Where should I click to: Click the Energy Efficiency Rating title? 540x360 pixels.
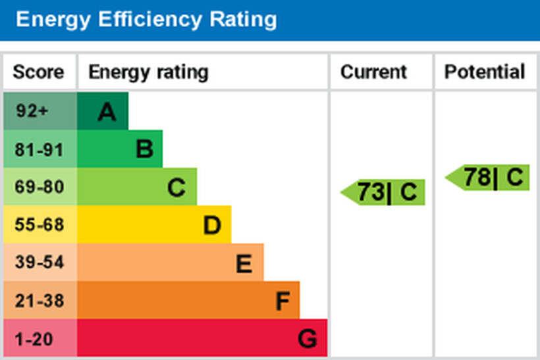(x=146, y=19)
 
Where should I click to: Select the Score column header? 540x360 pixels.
(x=39, y=72)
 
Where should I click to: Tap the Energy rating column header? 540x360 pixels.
(x=148, y=72)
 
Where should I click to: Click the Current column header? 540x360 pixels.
(x=373, y=72)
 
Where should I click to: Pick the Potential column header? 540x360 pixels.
(x=485, y=72)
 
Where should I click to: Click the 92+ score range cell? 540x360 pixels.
(x=33, y=111)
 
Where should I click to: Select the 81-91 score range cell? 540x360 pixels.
(x=39, y=149)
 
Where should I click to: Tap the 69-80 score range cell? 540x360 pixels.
(x=39, y=188)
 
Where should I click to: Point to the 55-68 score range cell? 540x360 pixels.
(x=39, y=225)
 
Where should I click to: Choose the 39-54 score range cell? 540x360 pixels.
(x=39, y=263)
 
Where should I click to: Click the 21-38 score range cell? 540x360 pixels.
(x=39, y=301)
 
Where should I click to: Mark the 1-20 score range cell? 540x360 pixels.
(x=33, y=339)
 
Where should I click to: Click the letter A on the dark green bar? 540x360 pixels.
(x=107, y=113)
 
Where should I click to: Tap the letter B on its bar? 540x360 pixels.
(x=144, y=150)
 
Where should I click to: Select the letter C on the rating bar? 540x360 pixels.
(x=176, y=188)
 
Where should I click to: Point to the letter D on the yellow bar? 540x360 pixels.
(x=211, y=226)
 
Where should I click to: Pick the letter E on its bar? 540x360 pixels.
(x=244, y=264)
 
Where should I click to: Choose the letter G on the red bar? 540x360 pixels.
(x=307, y=340)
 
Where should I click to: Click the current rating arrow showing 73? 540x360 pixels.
(x=385, y=192)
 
